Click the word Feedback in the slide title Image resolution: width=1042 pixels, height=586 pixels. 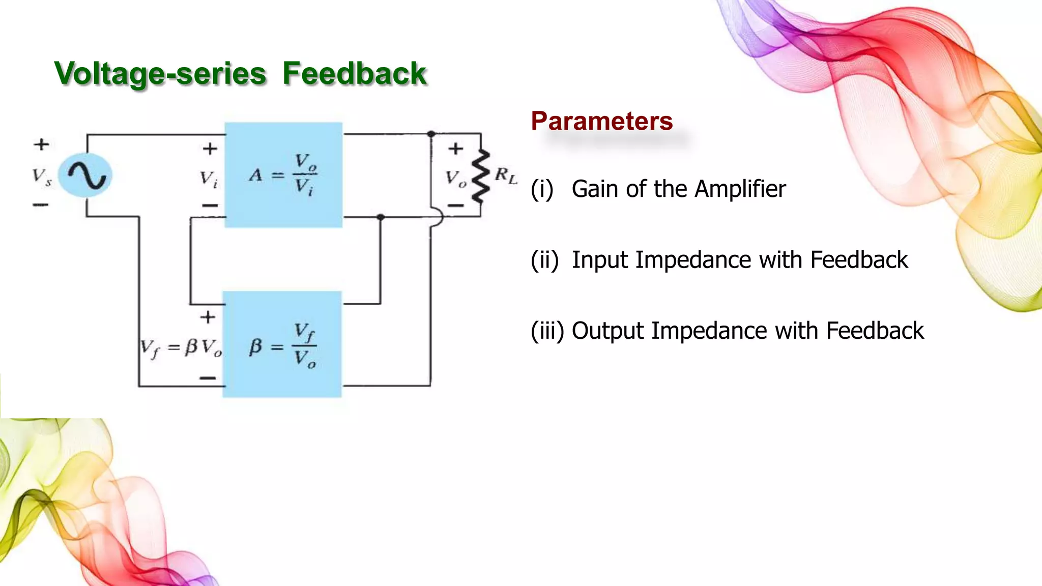point(354,73)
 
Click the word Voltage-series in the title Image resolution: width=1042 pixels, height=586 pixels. point(160,73)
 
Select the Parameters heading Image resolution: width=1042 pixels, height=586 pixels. point(601,121)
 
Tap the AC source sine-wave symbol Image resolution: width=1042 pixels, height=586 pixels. point(85,175)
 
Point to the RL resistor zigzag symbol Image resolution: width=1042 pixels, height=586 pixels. point(480,176)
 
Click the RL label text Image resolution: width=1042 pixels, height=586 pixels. point(506,176)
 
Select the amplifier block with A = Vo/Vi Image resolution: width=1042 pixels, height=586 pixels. point(283,174)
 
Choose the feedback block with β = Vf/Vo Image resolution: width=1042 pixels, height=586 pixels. point(282,344)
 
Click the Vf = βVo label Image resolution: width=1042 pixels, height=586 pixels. point(181,348)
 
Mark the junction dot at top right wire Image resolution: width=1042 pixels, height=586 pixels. point(431,134)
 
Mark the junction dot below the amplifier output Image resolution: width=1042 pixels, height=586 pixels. point(380,217)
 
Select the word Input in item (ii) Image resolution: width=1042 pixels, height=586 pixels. point(601,260)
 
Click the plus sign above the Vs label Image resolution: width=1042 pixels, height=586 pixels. point(42,144)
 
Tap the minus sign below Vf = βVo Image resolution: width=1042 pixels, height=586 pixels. point(208,378)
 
